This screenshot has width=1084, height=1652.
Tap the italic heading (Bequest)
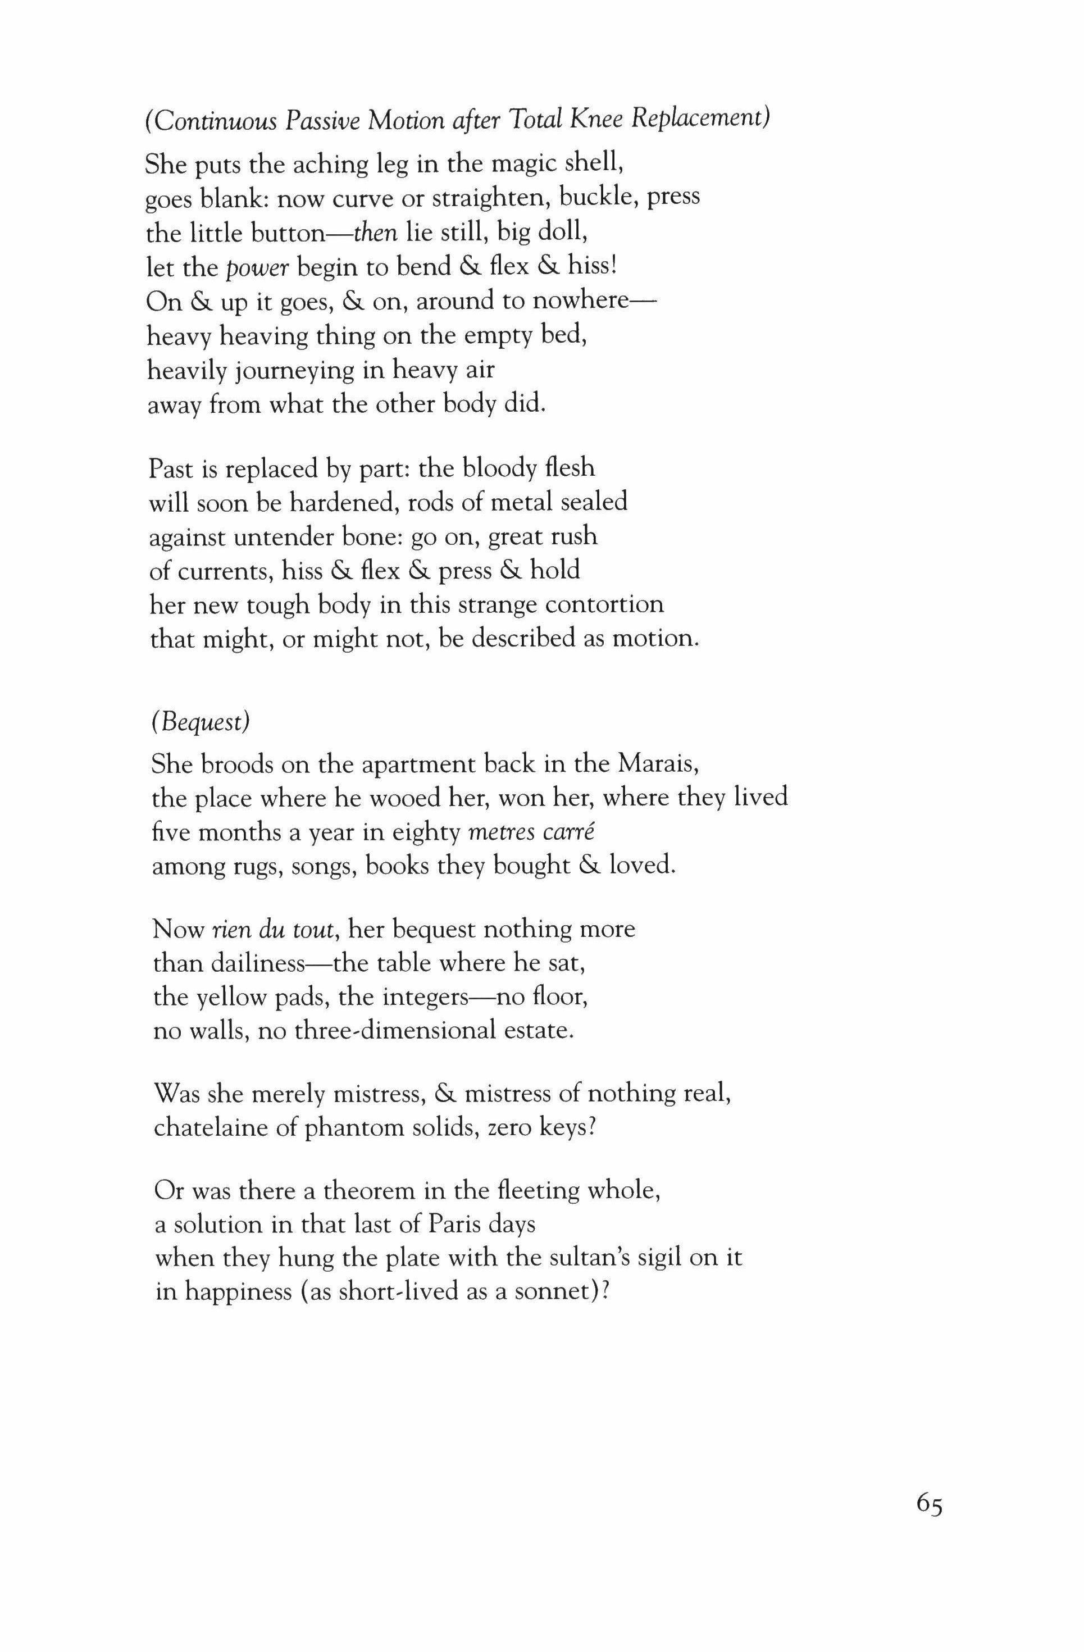click(x=200, y=722)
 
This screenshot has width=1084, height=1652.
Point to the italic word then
click(x=375, y=233)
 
